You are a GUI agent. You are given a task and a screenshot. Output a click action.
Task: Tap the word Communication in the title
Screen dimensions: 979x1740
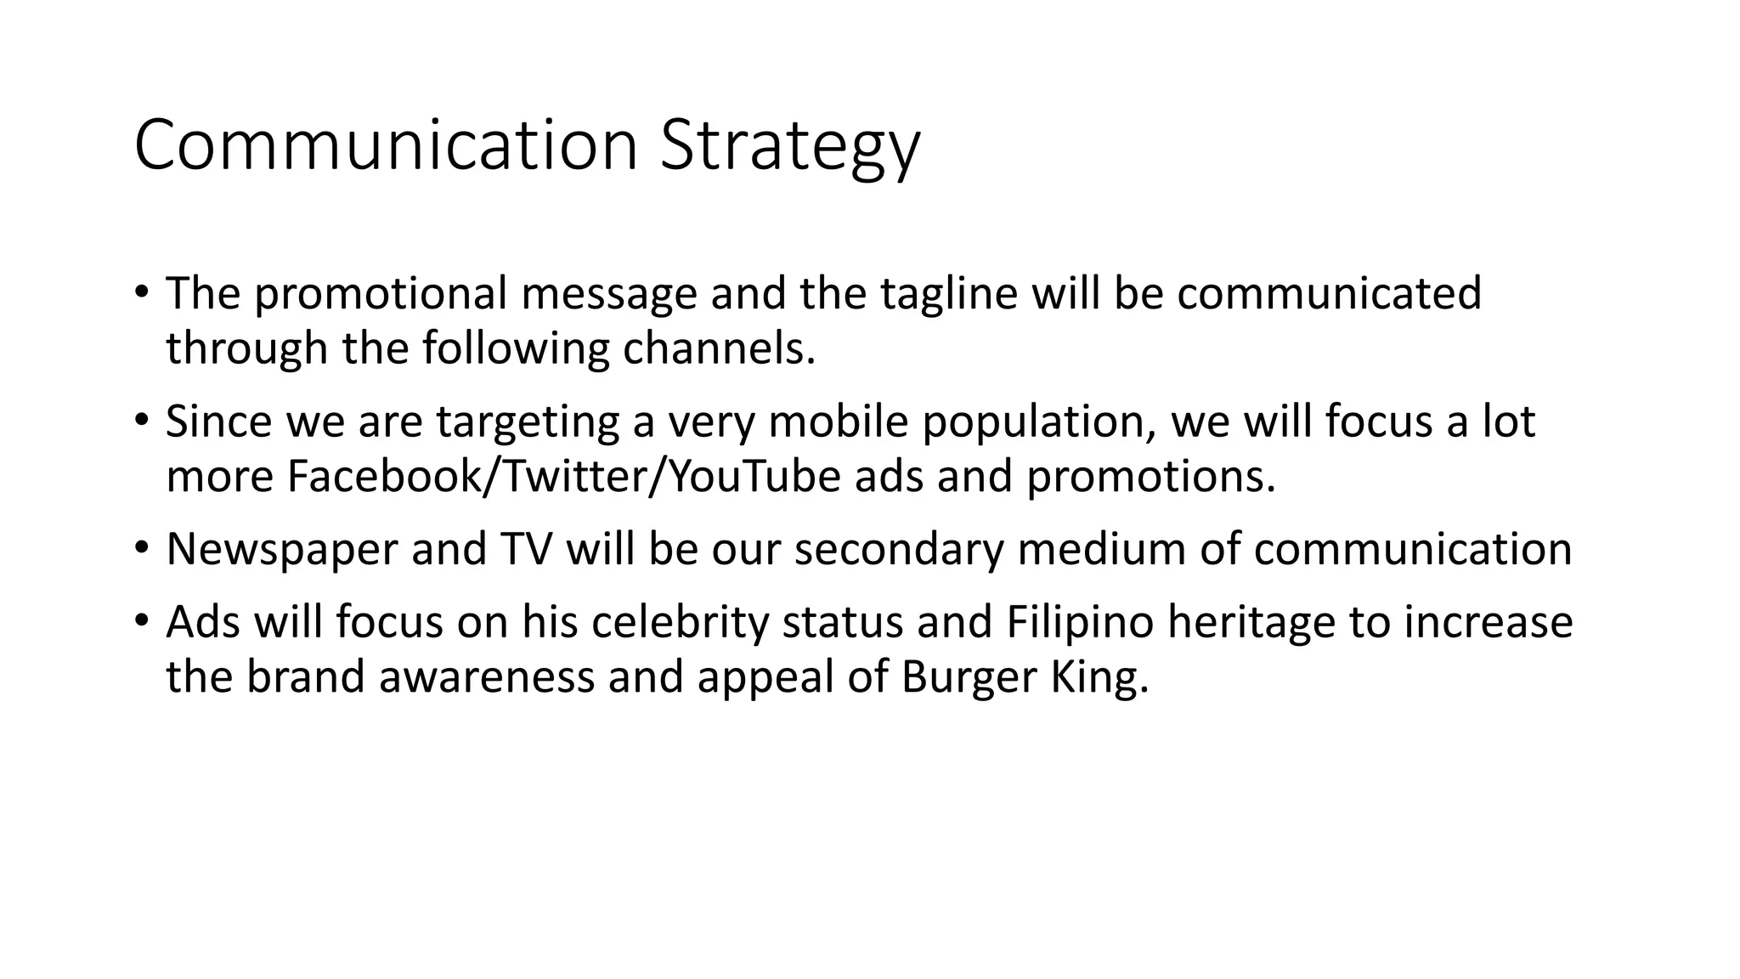tap(386, 146)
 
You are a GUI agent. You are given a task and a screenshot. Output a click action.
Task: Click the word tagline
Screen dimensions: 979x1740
tap(948, 293)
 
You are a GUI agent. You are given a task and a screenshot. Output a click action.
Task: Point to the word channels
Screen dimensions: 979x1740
tap(719, 348)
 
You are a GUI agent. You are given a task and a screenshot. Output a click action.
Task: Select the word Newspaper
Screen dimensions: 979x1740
tap(282, 549)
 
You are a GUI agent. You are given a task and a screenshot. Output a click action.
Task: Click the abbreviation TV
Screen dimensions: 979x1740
tap(519, 549)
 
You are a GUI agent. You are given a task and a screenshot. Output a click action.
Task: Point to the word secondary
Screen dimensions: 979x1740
tap(899, 549)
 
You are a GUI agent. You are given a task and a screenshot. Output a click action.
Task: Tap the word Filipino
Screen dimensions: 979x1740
tap(1080, 622)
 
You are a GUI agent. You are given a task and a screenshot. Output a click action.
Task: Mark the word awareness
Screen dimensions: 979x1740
tap(487, 677)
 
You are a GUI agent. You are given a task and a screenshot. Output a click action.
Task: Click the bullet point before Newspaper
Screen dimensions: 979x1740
tap(141, 546)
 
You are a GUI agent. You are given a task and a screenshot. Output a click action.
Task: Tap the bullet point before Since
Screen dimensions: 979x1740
tap(141, 419)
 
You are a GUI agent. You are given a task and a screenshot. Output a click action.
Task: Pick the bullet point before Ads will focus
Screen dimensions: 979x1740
tap(141, 620)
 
